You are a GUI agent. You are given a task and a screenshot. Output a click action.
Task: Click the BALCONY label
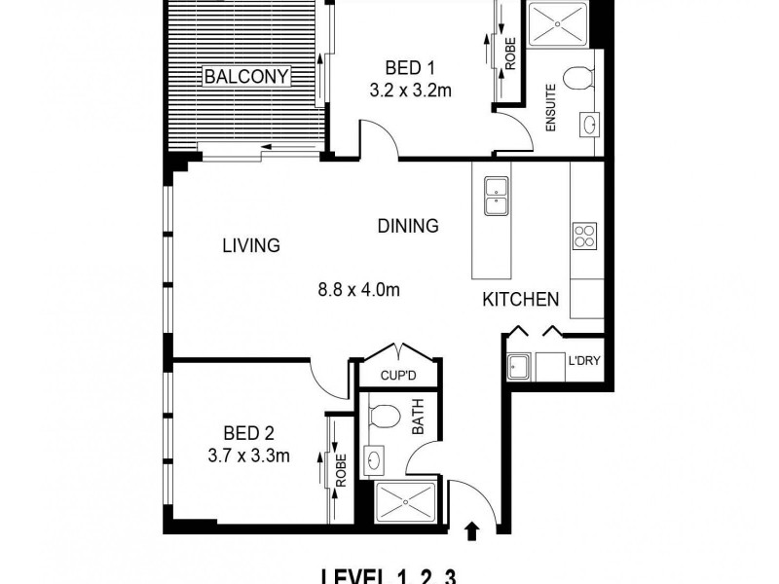click(x=245, y=76)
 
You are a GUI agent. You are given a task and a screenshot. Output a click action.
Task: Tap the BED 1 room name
click(x=409, y=68)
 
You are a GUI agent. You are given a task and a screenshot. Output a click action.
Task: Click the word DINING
click(x=408, y=226)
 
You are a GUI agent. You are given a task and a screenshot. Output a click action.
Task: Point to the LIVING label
click(x=250, y=246)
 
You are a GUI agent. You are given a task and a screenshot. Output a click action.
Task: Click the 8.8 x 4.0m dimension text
click(x=359, y=289)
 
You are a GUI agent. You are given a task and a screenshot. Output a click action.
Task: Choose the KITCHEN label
click(x=521, y=300)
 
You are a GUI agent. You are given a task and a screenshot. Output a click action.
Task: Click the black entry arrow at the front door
click(x=473, y=530)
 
